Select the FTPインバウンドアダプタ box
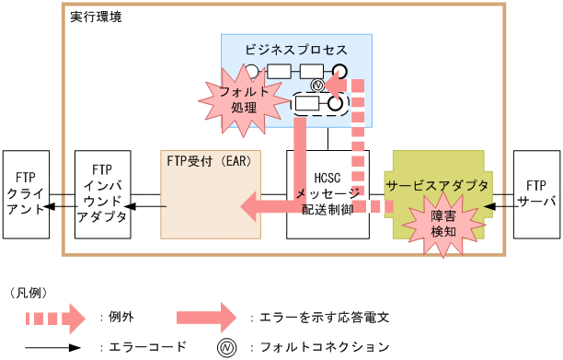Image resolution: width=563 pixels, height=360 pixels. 103,194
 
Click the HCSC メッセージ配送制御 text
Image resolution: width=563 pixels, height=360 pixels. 327,194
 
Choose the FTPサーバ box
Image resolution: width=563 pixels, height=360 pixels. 535,194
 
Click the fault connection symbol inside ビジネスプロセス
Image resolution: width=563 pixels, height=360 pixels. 318,85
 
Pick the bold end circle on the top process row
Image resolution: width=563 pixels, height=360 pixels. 340,72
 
